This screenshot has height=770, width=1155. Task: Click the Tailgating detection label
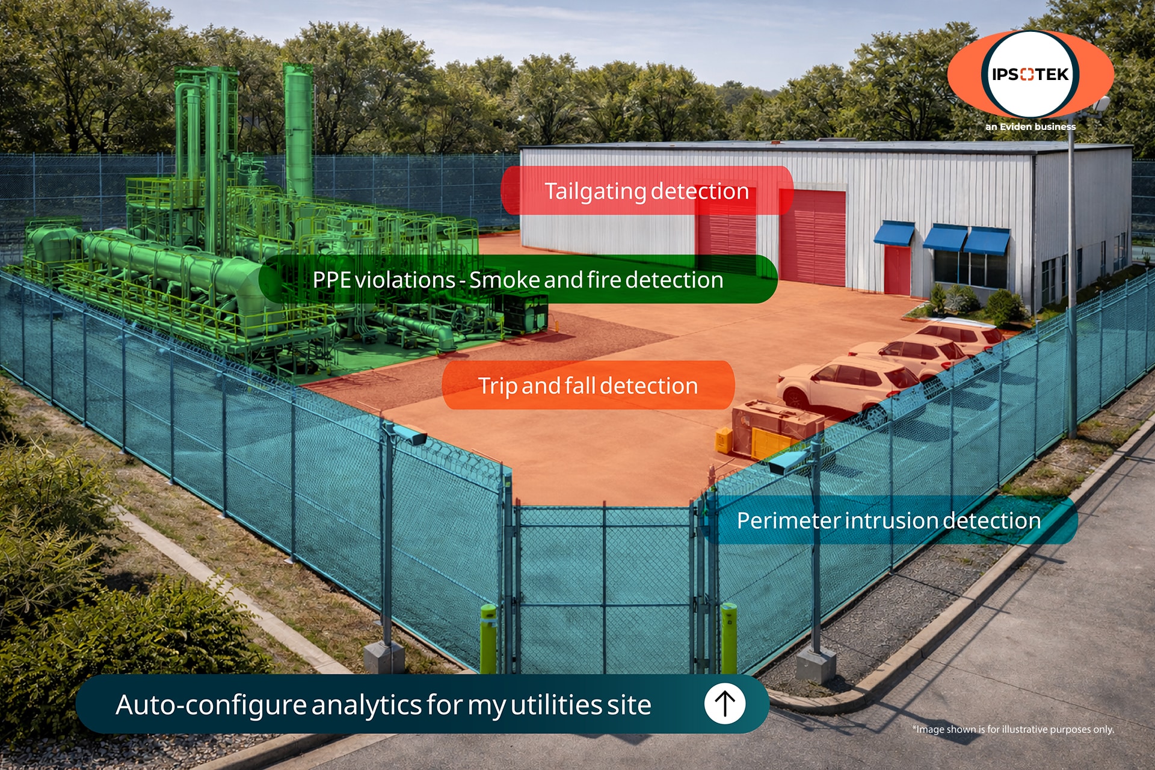pyautogui.click(x=647, y=191)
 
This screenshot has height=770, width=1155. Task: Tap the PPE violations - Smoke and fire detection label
pyautogui.click(x=518, y=279)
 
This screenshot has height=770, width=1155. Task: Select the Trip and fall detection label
pyautogui.click(x=588, y=385)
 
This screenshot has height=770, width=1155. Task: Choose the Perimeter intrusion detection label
pyautogui.click(x=889, y=520)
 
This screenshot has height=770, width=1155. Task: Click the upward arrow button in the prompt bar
pyautogui.click(x=725, y=704)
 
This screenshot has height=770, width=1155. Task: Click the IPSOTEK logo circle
pyautogui.click(x=1030, y=75)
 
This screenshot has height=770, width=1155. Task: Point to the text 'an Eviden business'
pyautogui.click(x=1030, y=126)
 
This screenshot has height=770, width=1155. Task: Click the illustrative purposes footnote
pyautogui.click(x=1013, y=729)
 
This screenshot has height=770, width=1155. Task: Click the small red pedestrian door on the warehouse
pyautogui.click(x=898, y=270)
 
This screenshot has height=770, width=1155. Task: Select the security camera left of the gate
pyautogui.click(x=409, y=434)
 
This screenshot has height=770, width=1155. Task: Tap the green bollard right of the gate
pyautogui.click(x=728, y=638)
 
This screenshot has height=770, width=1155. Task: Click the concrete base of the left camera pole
pyautogui.click(x=384, y=658)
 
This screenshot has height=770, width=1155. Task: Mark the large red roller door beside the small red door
pyautogui.click(x=813, y=238)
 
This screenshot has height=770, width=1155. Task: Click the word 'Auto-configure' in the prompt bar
pyautogui.click(x=211, y=704)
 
